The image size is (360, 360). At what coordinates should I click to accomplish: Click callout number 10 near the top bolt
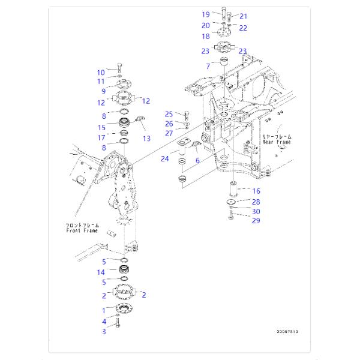coord(101,73)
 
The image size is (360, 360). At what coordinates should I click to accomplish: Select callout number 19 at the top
coord(205,14)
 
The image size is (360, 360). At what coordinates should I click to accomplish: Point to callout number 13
coord(146,139)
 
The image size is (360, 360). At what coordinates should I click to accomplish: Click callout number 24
coord(164,158)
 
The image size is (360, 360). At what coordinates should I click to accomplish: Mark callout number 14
coord(101,272)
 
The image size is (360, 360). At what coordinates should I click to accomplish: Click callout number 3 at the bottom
coord(103,331)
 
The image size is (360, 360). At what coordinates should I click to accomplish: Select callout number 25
coord(169,114)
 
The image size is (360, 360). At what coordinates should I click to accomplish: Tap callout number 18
coord(205,37)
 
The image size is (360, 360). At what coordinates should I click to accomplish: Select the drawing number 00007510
coord(287,331)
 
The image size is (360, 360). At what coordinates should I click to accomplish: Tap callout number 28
coord(256,202)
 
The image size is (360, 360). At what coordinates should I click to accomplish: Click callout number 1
coord(103,310)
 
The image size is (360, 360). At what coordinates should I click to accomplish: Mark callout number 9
coord(103,92)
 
